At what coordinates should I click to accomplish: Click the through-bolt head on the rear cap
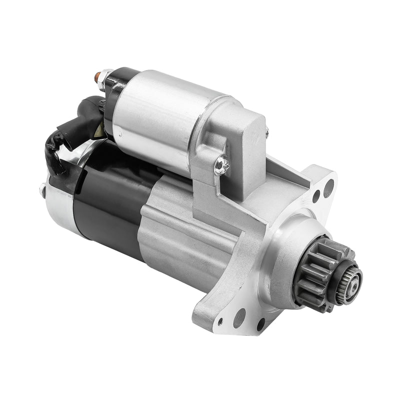[41, 189]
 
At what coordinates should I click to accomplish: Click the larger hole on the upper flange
[328, 188]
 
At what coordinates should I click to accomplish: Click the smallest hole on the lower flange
[220, 321]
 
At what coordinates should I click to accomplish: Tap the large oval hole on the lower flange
[239, 318]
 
